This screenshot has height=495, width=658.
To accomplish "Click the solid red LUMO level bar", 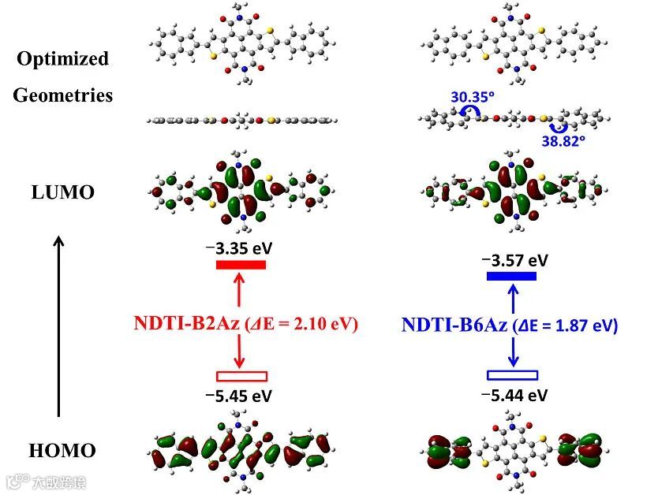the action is [241, 264].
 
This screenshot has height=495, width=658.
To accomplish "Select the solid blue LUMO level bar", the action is [511, 276].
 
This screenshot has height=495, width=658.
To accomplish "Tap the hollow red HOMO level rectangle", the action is [241, 376].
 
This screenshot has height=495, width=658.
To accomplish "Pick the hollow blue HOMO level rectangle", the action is [512, 375].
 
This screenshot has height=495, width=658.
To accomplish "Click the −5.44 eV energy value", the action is [514, 394].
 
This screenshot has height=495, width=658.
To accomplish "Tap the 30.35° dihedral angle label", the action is [473, 98].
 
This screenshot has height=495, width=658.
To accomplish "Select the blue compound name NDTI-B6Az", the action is [454, 325].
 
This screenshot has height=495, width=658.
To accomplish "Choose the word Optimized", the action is [62, 59].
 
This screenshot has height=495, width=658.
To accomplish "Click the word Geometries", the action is [62, 96].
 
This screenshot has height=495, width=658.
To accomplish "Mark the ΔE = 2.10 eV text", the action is [304, 324].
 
